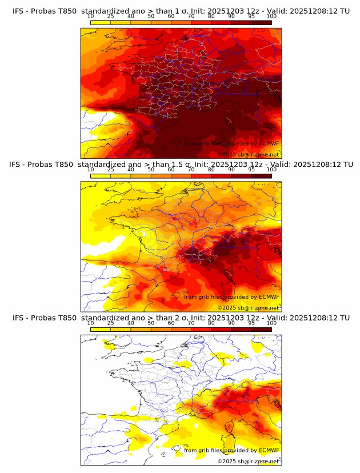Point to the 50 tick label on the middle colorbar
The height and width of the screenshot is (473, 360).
151,170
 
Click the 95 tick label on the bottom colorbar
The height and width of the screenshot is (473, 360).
251,323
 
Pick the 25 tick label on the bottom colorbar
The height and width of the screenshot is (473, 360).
110,323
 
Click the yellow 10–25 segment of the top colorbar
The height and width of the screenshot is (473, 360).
101,22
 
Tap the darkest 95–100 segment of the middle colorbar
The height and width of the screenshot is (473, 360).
262,175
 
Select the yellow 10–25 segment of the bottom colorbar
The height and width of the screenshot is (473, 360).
101,329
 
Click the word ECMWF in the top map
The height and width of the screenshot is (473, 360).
269,144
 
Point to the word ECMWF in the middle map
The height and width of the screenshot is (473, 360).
269,297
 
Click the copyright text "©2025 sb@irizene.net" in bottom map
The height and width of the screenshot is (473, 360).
248,461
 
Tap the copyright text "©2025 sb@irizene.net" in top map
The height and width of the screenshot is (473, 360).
248,155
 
